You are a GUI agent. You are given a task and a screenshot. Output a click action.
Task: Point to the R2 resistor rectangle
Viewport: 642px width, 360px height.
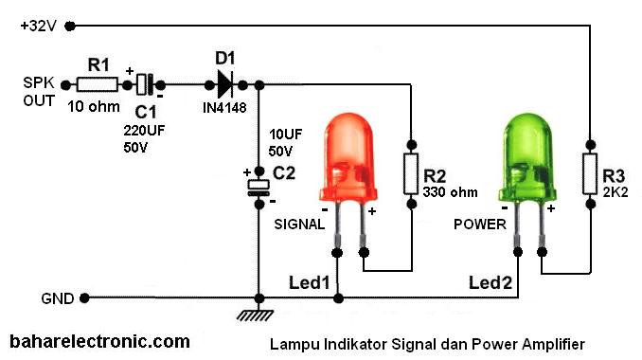[x=410, y=173]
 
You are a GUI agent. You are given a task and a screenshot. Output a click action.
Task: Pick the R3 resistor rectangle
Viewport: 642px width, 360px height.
[x=589, y=173]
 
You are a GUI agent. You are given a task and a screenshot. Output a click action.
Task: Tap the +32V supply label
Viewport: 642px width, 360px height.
[x=39, y=26]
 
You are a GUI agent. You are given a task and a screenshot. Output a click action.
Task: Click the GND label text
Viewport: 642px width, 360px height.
[x=58, y=297]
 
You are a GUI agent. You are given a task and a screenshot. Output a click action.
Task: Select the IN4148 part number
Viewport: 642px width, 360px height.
[x=225, y=108]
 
